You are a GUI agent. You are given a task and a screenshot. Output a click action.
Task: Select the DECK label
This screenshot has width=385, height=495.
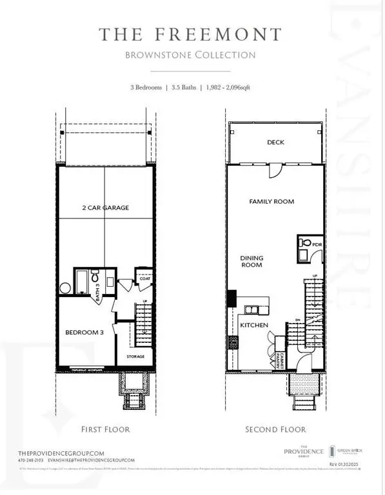coord(275,142)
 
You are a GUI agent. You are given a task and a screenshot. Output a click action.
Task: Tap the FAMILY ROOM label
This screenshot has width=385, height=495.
coord(271,202)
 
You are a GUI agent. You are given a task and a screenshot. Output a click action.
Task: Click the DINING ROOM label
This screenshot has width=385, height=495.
coord(252,261)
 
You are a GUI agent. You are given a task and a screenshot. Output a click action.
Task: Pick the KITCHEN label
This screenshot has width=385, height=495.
coord(254,325)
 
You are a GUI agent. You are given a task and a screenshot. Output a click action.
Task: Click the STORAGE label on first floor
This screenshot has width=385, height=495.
coord(135,356)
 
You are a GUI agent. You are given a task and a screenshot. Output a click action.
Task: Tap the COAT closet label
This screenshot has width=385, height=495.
coord(146,279)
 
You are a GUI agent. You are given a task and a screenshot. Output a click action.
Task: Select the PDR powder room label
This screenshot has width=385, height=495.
coord(317,245)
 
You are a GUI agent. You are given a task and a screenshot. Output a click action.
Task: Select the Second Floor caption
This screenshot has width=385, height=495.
coord(275,429)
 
